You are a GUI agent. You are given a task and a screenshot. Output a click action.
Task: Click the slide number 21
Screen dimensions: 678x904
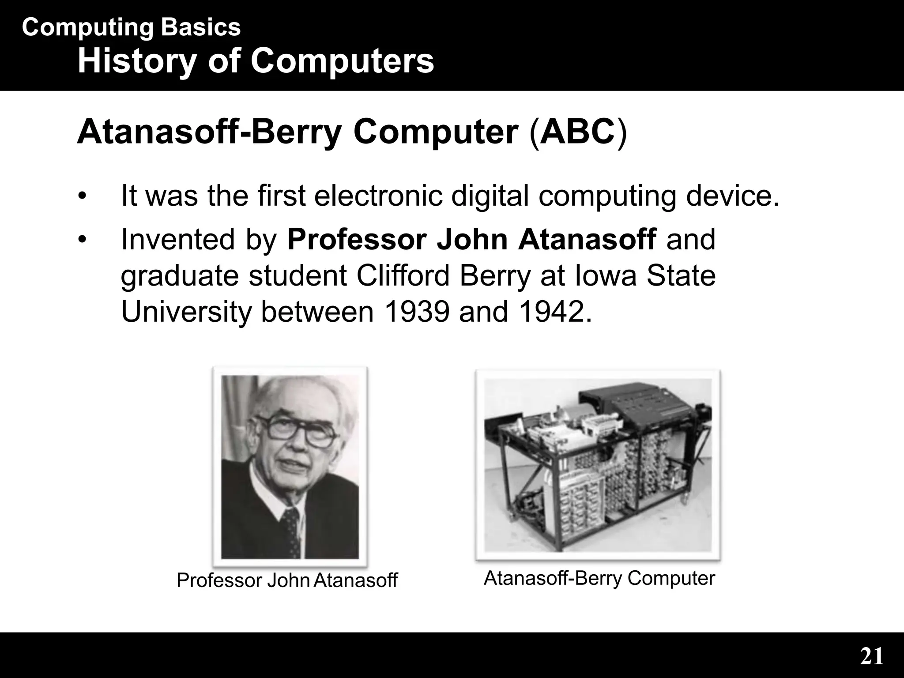(x=871, y=657)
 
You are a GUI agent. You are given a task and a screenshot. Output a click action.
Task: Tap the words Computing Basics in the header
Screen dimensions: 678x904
(x=131, y=27)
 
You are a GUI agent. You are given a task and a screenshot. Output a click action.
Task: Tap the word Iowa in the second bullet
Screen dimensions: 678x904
(x=609, y=275)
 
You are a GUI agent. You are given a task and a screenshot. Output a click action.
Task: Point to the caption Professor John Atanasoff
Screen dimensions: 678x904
(x=287, y=580)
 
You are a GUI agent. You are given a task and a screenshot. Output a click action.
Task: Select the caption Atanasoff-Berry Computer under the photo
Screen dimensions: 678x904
(x=599, y=578)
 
